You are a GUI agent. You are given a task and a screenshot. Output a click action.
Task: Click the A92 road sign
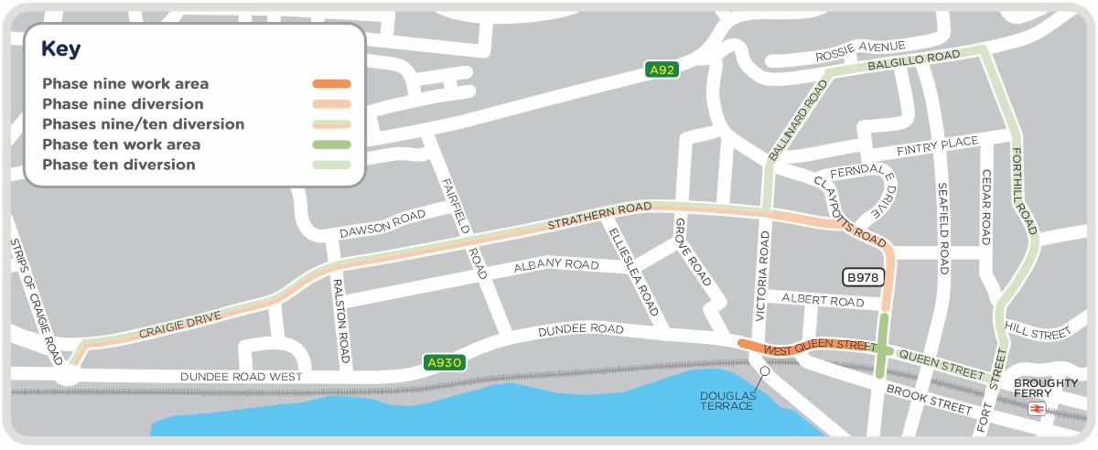coord(662,69)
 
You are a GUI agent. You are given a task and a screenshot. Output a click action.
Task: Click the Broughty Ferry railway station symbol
coord(1037,409)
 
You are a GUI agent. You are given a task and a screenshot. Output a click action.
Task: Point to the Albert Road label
coord(823,301)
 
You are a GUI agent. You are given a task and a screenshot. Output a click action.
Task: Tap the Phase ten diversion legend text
coord(119,165)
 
